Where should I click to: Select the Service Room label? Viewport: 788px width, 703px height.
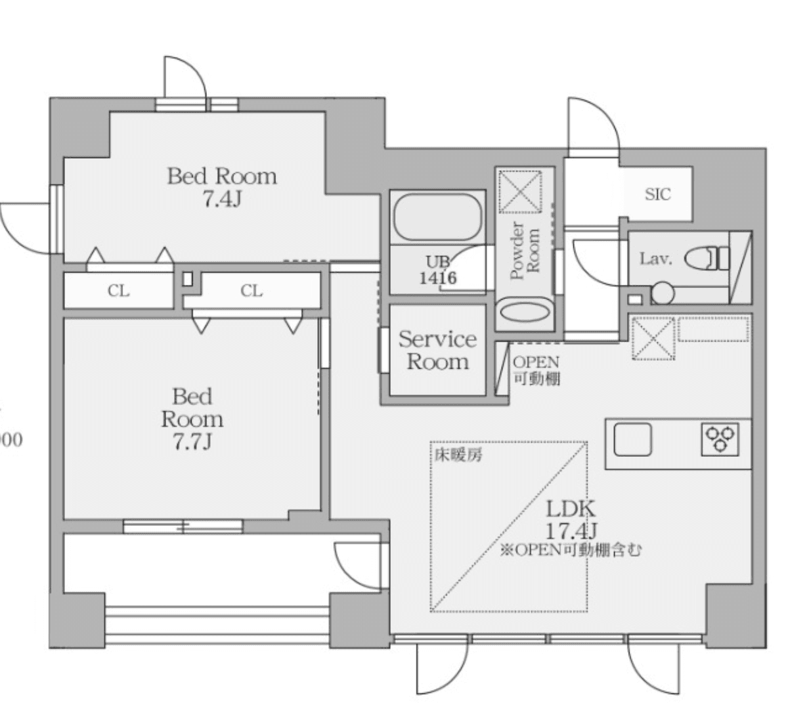coord(437,351)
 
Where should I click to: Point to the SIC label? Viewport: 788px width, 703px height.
coord(657,194)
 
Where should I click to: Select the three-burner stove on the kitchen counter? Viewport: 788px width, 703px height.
coord(720,438)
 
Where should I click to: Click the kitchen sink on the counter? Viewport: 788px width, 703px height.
coord(632,439)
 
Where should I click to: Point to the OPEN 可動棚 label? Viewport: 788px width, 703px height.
coord(536,370)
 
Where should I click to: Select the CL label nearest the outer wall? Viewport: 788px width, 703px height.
coord(118,291)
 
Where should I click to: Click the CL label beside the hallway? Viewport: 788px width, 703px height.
coord(252,291)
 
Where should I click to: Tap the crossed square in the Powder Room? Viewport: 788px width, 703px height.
coord(521,192)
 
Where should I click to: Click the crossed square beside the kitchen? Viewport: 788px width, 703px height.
coord(653,337)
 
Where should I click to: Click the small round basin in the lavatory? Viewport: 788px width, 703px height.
coord(662,292)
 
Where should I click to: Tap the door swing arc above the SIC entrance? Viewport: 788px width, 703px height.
coord(593,125)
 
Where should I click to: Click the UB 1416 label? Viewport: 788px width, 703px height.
coord(437,270)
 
